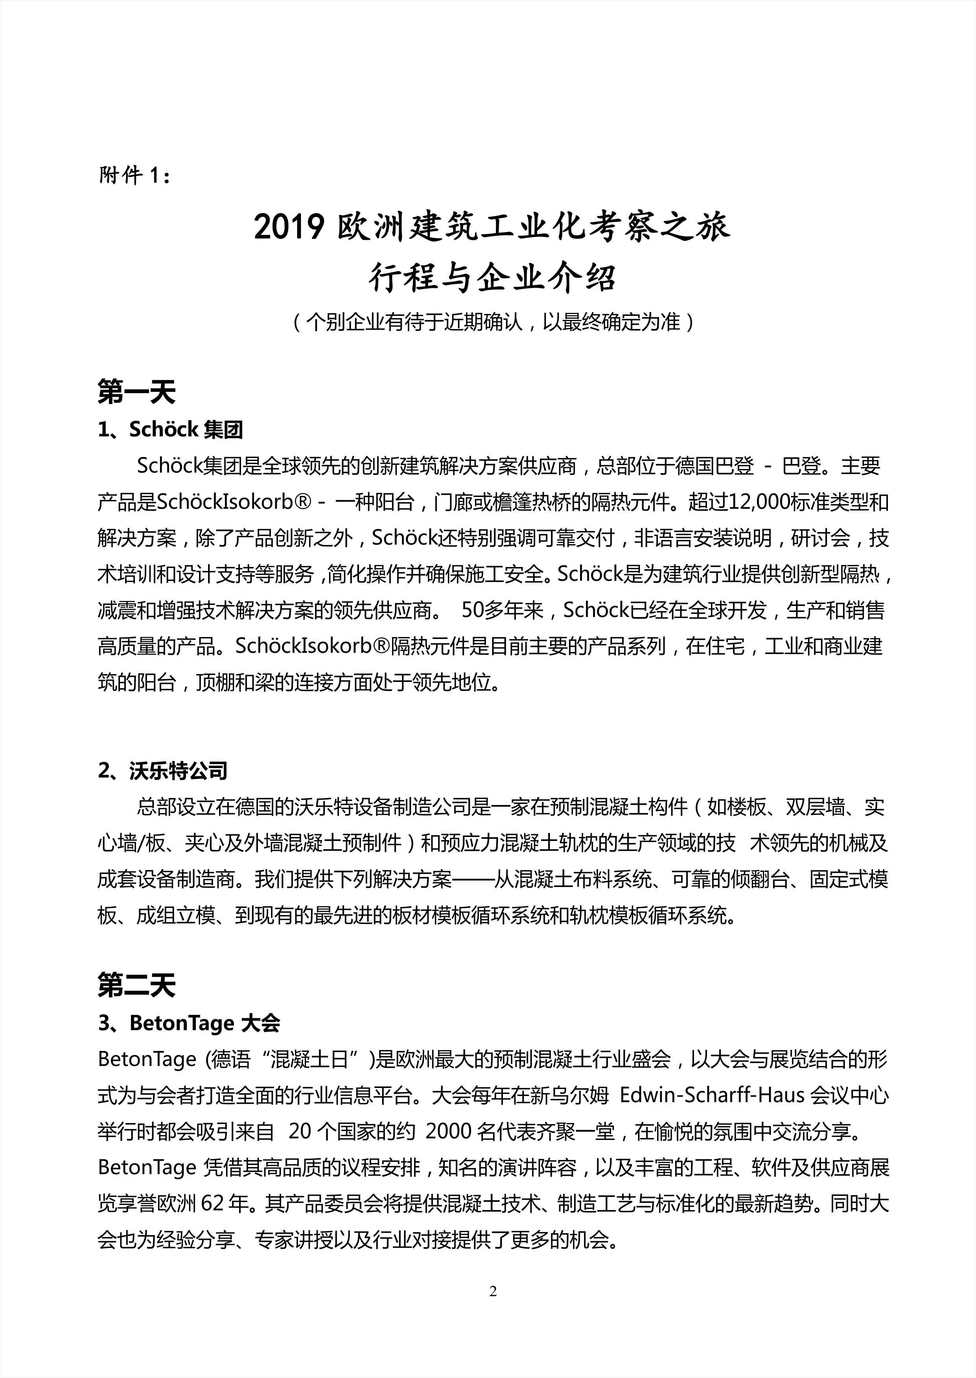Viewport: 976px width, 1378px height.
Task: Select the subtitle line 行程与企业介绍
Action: tap(492, 278)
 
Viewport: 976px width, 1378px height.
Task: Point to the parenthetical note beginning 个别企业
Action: tap(492, 322)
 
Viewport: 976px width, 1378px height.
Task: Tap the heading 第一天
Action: tap(136, 393)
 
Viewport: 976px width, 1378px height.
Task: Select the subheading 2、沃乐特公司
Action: tap(162, 770)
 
